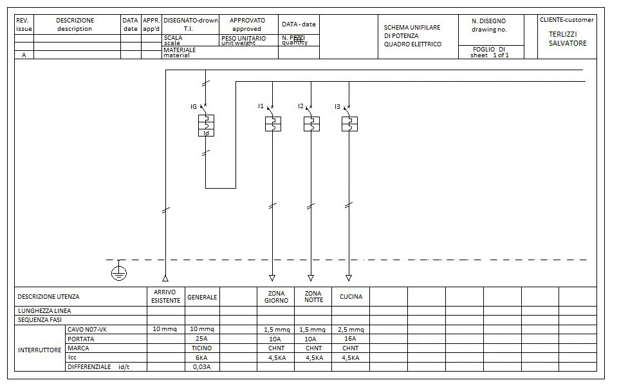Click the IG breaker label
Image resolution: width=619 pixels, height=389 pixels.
click(193, 106)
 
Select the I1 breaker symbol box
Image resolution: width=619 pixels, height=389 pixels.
click(273, 124)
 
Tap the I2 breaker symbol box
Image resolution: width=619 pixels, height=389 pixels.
click(311, 124)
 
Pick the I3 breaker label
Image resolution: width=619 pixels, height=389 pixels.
click(337, 106)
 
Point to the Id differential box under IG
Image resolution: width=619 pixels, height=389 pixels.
click(206, 133)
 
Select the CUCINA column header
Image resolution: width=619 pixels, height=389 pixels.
click(351, 297)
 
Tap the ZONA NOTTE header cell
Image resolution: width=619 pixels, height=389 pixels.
click(313, 297)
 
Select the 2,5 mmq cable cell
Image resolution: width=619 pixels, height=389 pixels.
click(351, 330)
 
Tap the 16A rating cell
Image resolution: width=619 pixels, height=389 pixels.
click(351, 339)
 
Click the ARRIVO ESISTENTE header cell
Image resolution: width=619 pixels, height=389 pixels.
click(165, 297)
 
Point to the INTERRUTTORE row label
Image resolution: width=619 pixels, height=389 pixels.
click(39, 350)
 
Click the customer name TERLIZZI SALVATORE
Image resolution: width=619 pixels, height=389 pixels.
click(567, 38)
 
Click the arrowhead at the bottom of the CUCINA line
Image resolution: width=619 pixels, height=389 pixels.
click(349, 278)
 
